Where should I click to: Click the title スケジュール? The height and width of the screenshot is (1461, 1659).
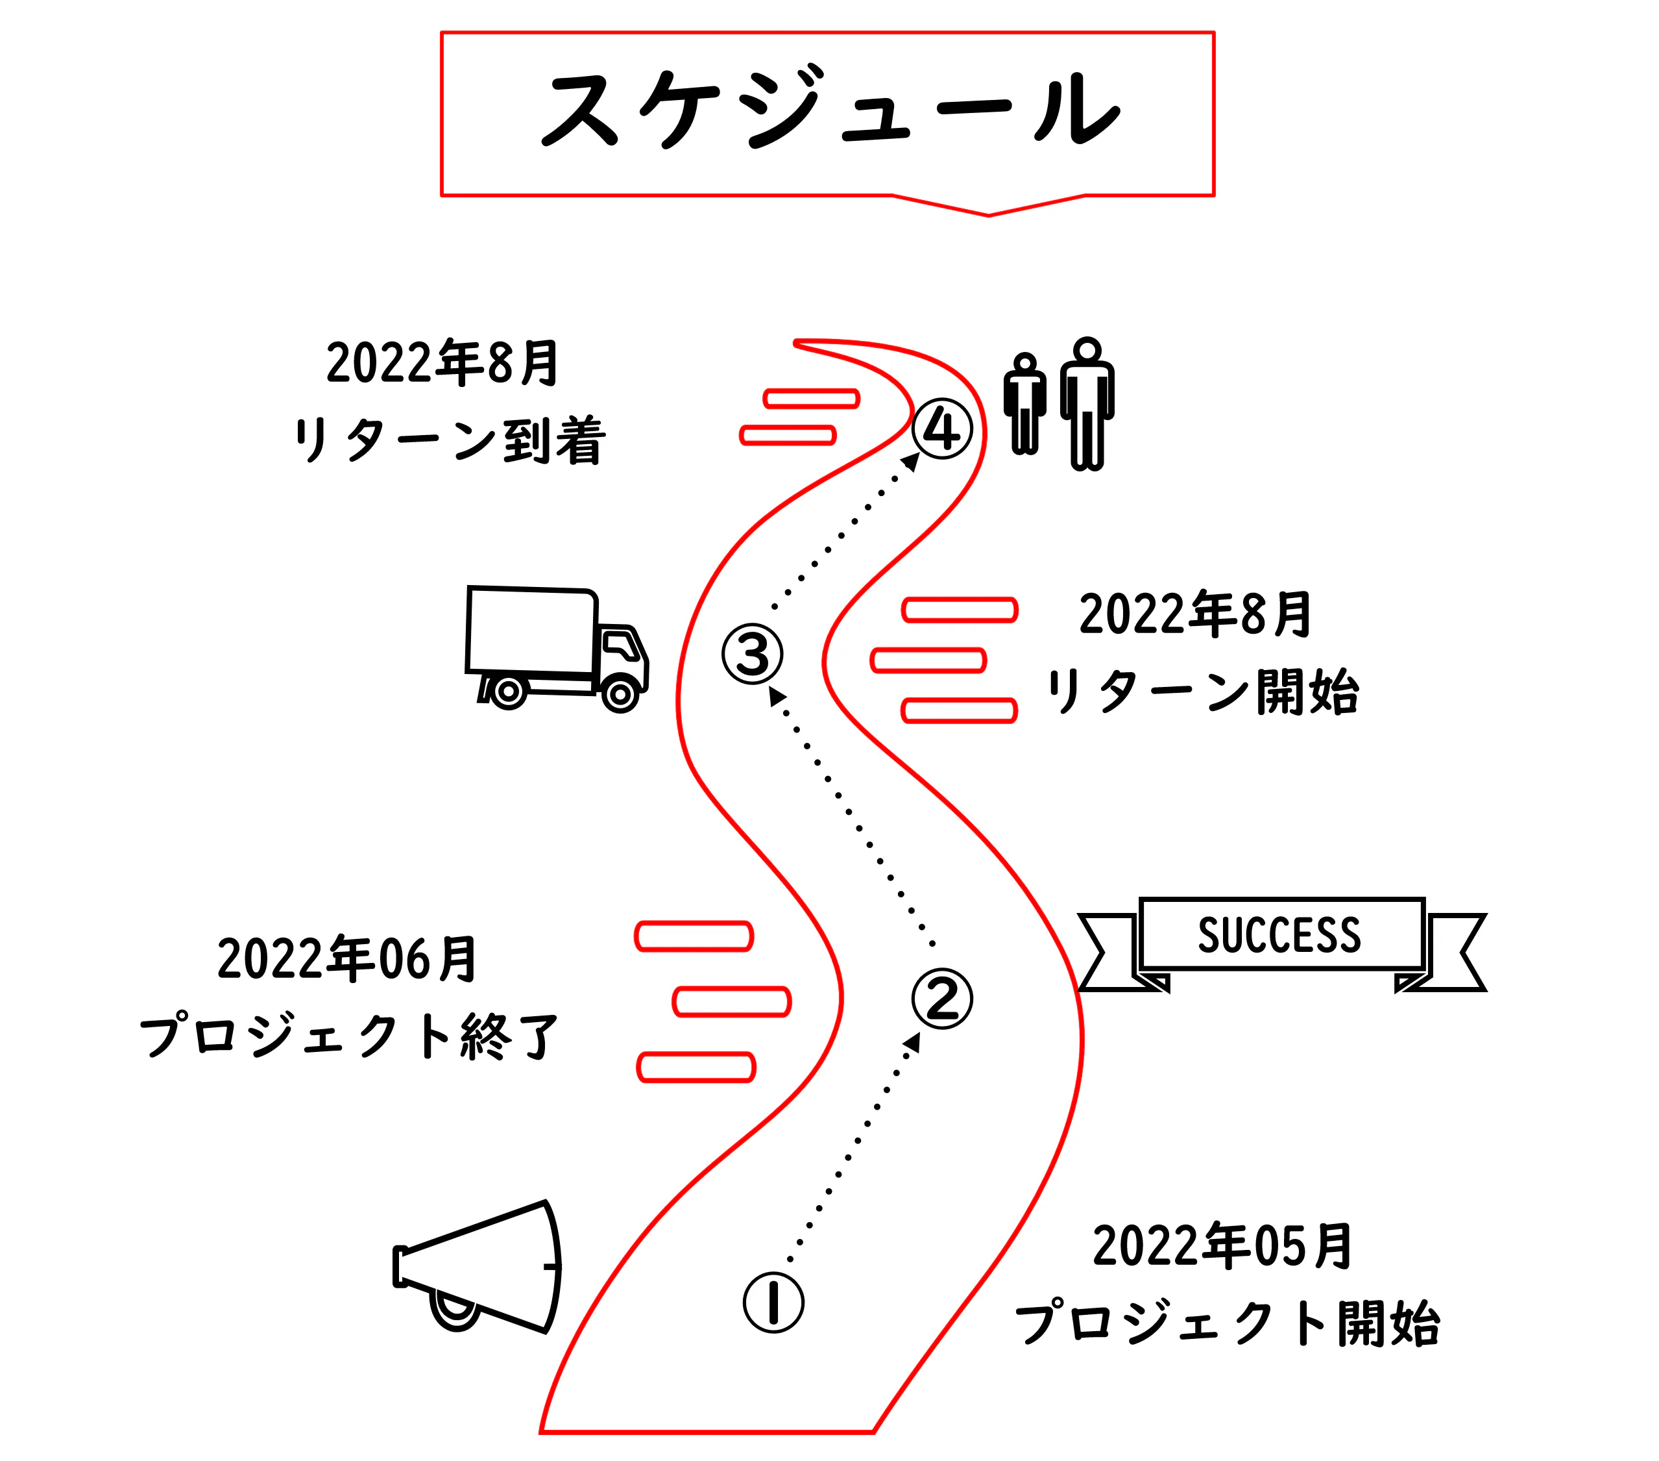828,110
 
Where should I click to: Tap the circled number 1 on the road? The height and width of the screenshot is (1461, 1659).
773,1302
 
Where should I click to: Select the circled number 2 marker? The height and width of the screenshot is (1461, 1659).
941,998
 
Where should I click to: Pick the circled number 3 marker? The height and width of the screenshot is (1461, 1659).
753,654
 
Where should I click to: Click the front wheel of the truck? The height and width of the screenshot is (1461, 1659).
621,694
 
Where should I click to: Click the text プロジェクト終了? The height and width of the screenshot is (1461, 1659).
349,1037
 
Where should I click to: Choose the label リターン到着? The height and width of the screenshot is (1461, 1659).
449,440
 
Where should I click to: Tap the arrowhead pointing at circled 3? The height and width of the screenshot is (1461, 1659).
777,695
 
